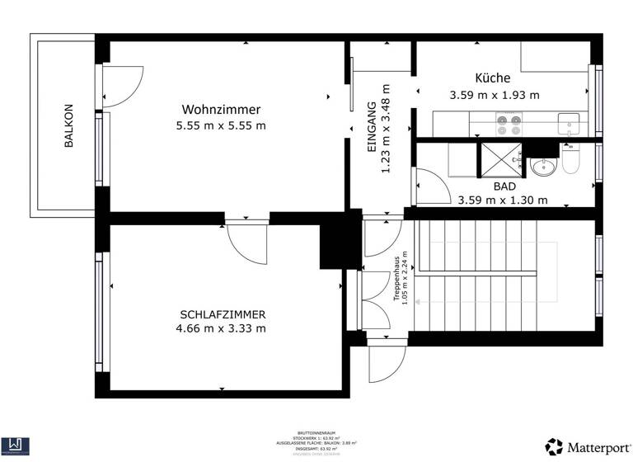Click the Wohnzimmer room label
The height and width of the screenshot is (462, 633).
point(221,110)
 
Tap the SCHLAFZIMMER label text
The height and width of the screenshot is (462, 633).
point(223,314)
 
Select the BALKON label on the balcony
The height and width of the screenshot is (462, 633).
point(69,125)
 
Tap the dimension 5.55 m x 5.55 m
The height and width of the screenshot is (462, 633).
point(221,125)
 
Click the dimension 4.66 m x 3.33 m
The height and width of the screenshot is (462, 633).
point(223,328)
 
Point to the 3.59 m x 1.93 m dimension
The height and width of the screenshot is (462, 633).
point(495,95)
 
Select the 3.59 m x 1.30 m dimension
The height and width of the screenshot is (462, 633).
point(502,200)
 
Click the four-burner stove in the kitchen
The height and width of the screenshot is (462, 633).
point(508,125)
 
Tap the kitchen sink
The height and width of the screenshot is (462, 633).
point(569,125)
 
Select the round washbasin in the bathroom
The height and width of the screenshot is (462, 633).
point(543,167)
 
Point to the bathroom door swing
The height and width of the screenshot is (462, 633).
point(429,186)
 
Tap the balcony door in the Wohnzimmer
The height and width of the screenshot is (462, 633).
point(115,86)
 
